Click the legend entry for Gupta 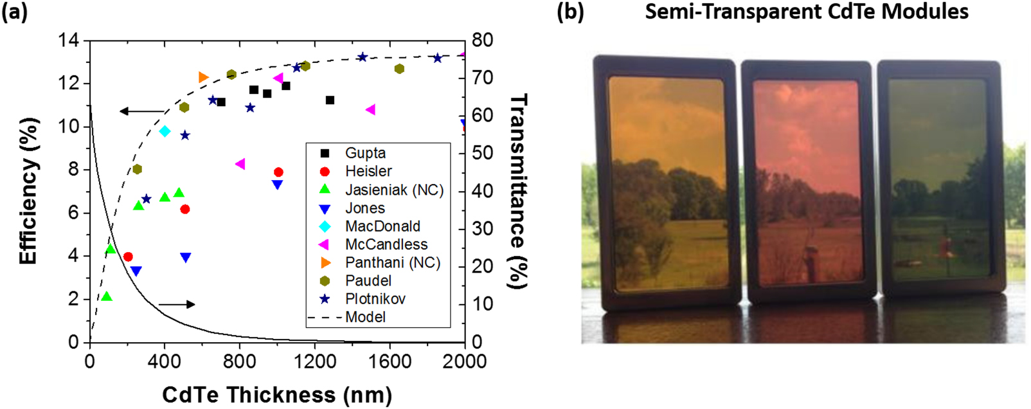click(365, 153)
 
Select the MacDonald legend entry click(382, 226)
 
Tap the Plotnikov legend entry click(375, 299)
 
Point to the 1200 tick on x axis click(314, 362)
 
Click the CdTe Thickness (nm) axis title click(276, 394)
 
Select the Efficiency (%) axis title click(28, 191)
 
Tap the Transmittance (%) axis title click(518, 191)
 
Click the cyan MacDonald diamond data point click(165, 131)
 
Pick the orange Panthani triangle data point click(203, 77)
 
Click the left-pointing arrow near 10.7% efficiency click(141, 111)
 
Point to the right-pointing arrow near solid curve click(177, 304)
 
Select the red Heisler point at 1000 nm click(278, 172)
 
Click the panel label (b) click(570, 12)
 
